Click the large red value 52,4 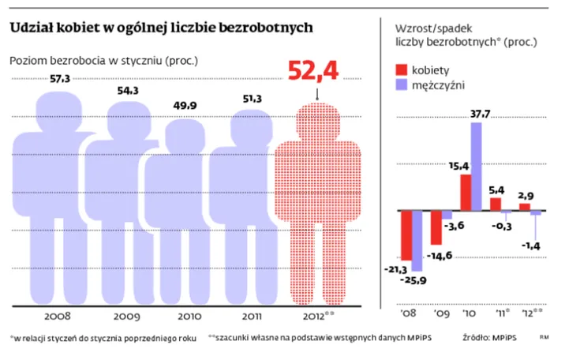point(313,70)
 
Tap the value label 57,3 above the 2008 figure point(60,79)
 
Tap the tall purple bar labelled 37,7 point(477,167)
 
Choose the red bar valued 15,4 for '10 point(466,193)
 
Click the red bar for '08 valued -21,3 point(407,235)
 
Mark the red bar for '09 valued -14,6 point(436,227)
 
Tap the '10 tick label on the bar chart point(471,313)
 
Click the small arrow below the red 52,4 point(316,93)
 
